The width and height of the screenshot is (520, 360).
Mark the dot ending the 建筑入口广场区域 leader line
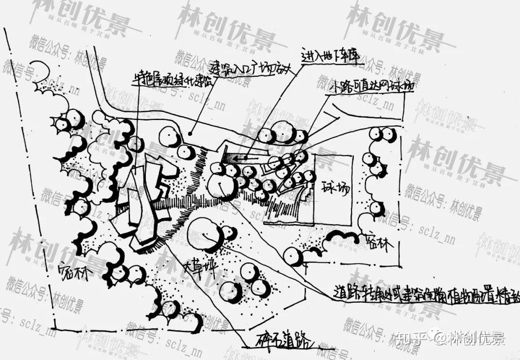[x=191, y=133]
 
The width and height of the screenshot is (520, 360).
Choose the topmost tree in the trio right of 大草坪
[x=250, y=272]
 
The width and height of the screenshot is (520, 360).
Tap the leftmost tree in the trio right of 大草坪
[x=232, y=292]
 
